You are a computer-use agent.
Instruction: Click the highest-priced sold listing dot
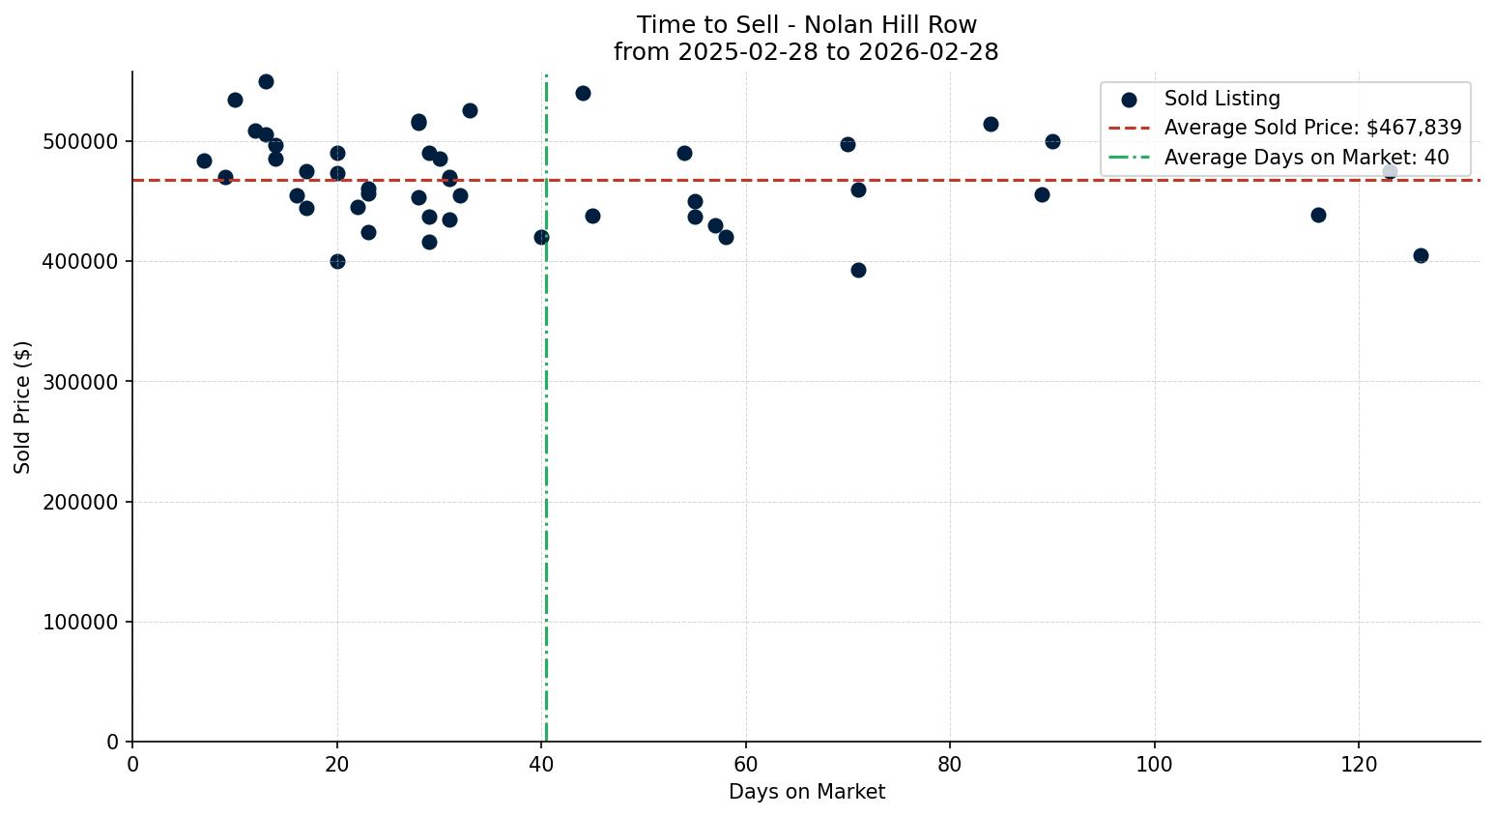pyautogui.click(x=266, y=81)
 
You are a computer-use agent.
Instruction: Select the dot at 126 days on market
pyautogui.click(x=1421, y=255)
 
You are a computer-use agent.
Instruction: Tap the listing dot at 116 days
pyautogui.click(x=1318, y=215)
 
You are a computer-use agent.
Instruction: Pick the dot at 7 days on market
pyautogui.click(x=204, y=160)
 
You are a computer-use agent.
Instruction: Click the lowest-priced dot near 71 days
pyautogui.click(x=858, y=270)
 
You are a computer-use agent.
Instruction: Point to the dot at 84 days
pyautogui.click(x=991, y=124)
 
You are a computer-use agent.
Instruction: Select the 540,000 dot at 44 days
pyautogui.click(x=583, y=93)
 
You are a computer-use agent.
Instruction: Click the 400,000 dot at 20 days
pyautogui.click(x=337, y=261)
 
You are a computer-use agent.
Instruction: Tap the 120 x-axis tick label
pyautogui.click(x=1359, y=763)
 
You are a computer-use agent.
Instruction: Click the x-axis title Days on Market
pyautogui.click(x=806, y=792)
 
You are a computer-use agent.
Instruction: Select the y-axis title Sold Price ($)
pyautogui.click(x=23, y=407)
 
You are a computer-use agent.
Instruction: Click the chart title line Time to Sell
pyautogui.click(x=806, y=25)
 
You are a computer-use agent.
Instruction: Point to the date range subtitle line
pyautogui.click(x=806, y=52)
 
